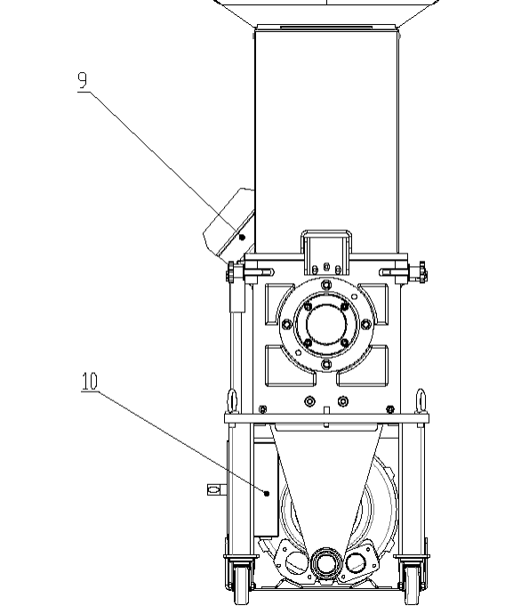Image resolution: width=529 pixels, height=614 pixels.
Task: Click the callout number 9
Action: click(x=82, y=80)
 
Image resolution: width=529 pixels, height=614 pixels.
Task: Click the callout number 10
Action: click(x=90, y=381)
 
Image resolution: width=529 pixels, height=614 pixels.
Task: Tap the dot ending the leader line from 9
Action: click(x=242, y=238)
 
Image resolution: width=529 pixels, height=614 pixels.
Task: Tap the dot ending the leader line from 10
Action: click(x=267, y=493)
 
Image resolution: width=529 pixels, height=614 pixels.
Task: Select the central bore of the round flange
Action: click(x=326, y=324)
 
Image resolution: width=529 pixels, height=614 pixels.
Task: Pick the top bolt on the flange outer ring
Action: click(x=326, y=284)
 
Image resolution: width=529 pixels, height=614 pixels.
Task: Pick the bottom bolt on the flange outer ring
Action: click(x=326, y=365)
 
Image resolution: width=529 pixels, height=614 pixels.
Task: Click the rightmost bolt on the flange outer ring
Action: click(x=366, y=324)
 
